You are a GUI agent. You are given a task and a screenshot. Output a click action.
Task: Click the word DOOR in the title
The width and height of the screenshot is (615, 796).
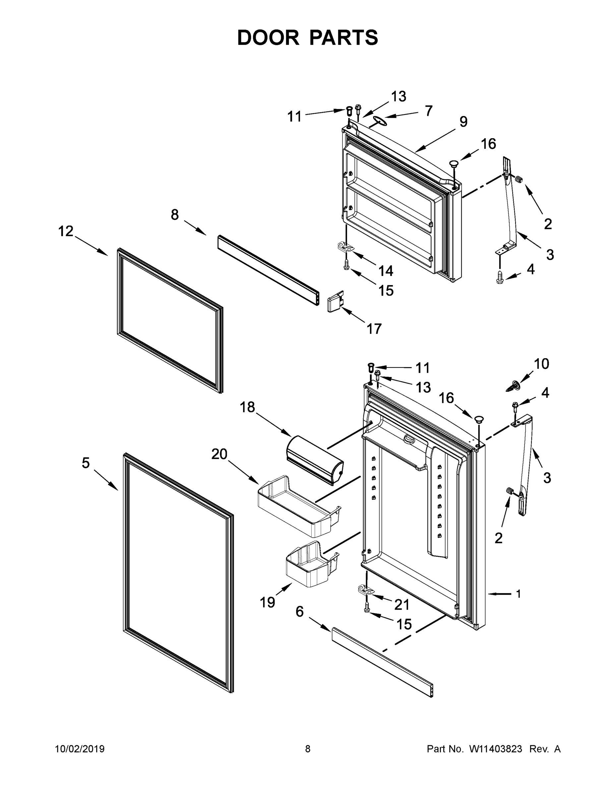coord(268,37)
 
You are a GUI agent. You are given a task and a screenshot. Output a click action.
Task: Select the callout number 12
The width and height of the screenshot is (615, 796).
coord(66,231)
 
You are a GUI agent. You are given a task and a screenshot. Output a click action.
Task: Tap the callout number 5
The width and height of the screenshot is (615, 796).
coord(86,463)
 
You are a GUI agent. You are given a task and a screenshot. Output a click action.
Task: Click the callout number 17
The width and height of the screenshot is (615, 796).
coord(374,329)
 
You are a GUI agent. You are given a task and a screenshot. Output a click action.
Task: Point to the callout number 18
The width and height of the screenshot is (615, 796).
coord(247,407)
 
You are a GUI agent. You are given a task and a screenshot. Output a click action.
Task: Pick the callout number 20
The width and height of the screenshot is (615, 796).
coord(219,454)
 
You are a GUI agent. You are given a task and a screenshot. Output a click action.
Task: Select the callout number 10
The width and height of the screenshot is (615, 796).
coord(541,364)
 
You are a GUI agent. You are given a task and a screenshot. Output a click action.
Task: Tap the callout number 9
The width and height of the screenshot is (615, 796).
coord(463,122)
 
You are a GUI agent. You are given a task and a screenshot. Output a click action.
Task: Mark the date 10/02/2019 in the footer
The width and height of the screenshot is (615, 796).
coord(80,749)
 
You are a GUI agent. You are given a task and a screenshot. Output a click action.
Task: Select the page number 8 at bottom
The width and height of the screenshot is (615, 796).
coord(308,749)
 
